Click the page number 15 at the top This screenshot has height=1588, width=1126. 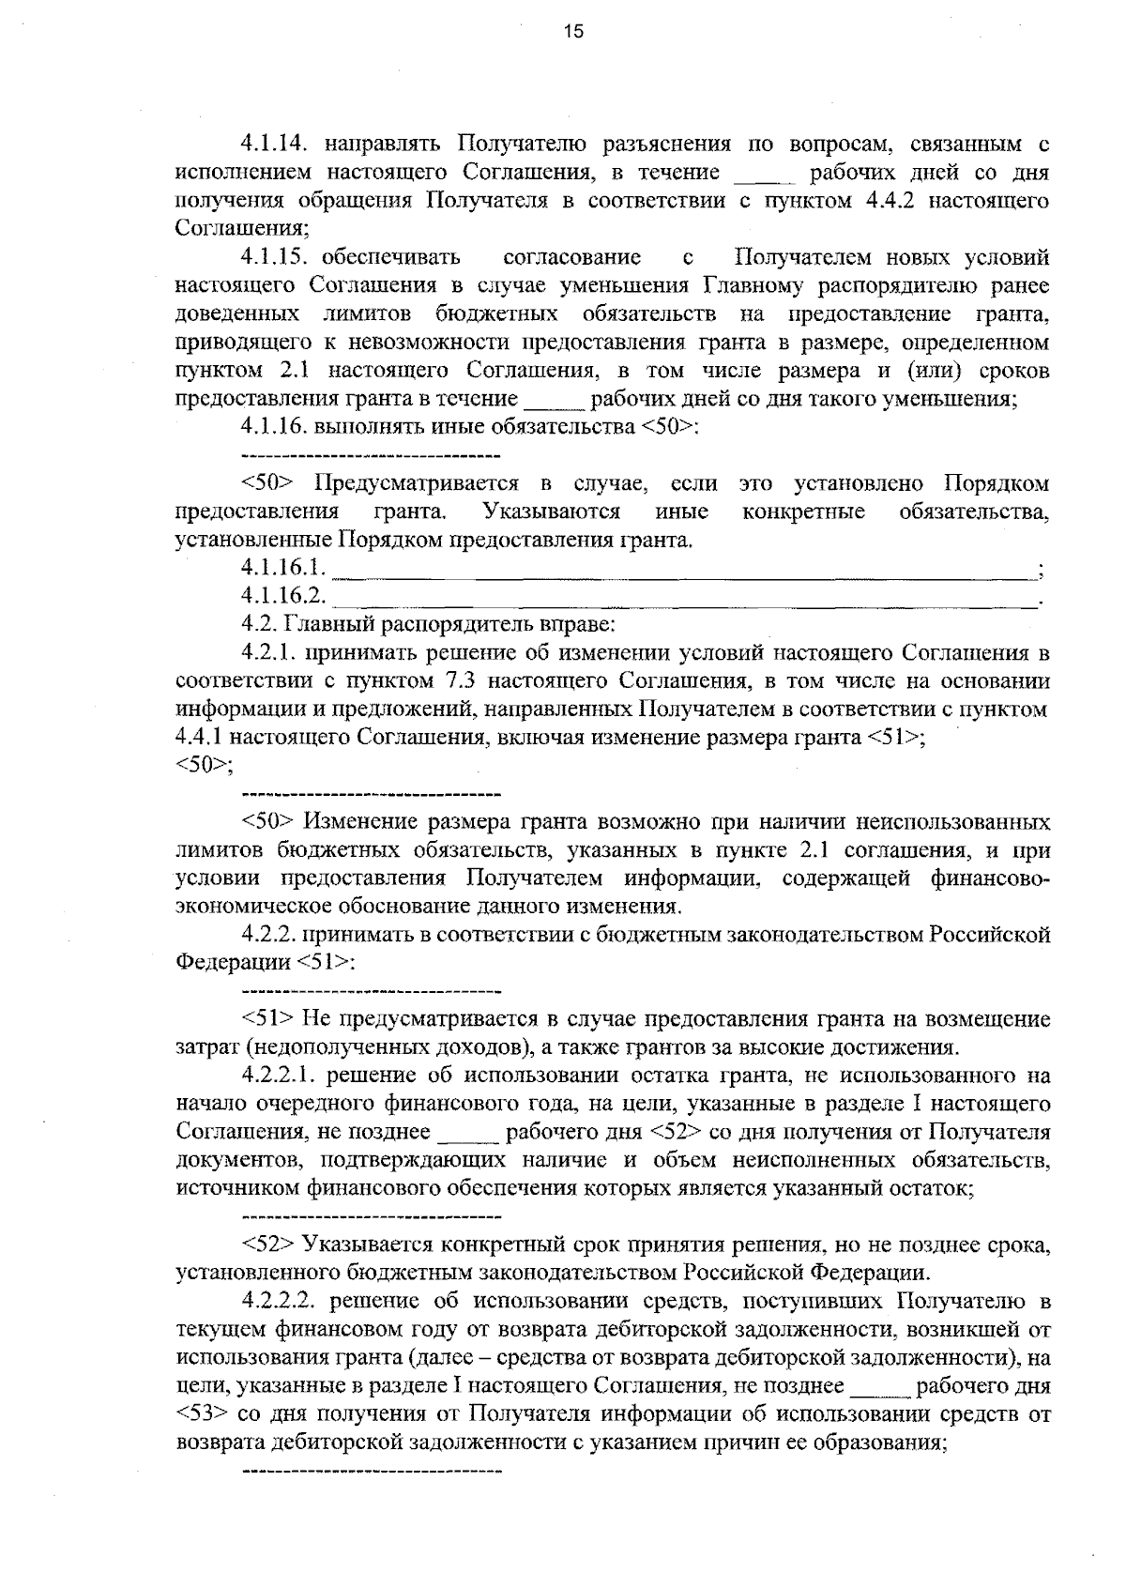[x=573, y=31]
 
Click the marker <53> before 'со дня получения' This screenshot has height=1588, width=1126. [x=199, y=1414]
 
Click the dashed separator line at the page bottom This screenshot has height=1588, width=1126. [x=372, y=1467]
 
